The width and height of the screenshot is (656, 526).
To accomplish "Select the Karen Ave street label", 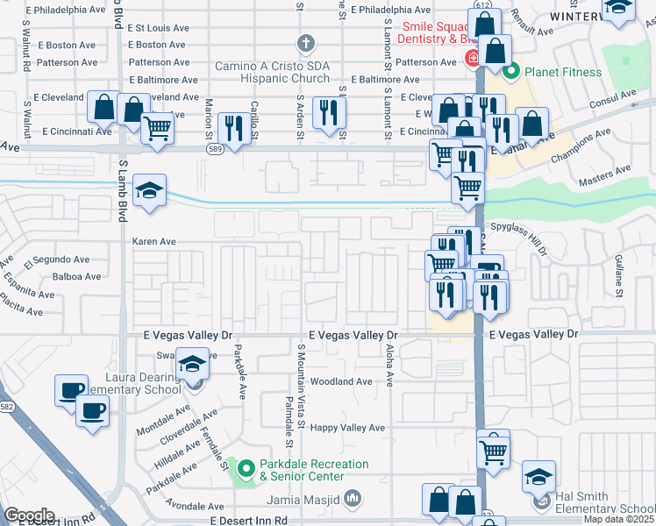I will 154,241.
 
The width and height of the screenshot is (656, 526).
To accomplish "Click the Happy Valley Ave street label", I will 348,428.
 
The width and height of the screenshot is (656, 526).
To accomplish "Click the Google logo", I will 29,515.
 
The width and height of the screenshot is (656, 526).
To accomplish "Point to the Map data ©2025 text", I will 619,519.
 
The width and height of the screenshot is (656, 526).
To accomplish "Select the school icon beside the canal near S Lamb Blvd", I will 150,192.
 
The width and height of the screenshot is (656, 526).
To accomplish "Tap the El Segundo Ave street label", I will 57,260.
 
